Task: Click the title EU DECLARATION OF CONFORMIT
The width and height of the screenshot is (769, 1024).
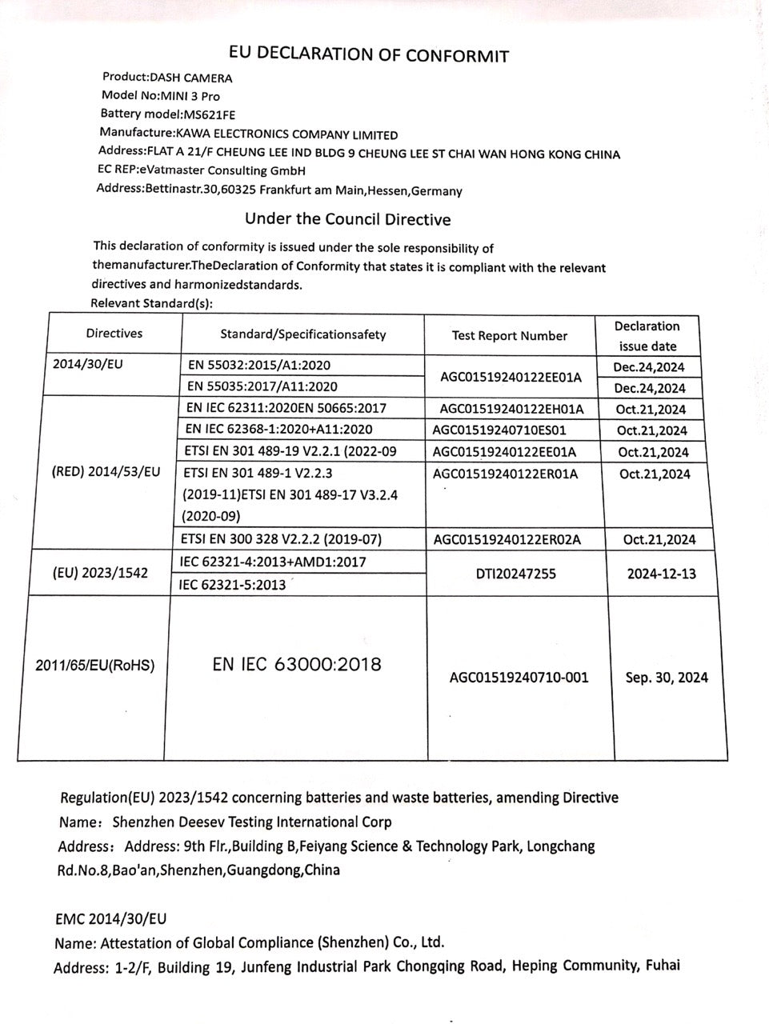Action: pyautogui.click(x=369, y=54)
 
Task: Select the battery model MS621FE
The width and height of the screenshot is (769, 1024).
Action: pyautogui.click(x=210, y=114)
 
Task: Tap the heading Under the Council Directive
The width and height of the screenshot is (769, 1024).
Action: pyautogui.click(x=347, y=219)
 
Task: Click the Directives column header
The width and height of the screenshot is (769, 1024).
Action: pyautogui.click(x=114, y=334)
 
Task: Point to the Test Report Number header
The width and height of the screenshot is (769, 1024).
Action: pyautogui.click(x=510, y=336)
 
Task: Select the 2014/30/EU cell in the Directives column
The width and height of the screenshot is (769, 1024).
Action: pyautogui.click(x=88, y=364)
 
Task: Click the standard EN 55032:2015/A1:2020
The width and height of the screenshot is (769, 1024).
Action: pyautogui.click(x=258, y=366)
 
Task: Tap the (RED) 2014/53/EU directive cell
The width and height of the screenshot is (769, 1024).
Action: pyautogui.click(x=106, y=472)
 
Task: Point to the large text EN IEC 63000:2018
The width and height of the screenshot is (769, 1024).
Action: pyautogui.click(x=297, y=664)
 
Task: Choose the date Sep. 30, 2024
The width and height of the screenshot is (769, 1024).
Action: pyautogui.click(x=667, y=678)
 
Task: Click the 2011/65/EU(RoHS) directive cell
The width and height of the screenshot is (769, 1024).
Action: pyautogui.click(x=96, y=665)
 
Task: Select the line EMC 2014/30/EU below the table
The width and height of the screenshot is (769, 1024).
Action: pyautogui.click(x=111, y=919)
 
